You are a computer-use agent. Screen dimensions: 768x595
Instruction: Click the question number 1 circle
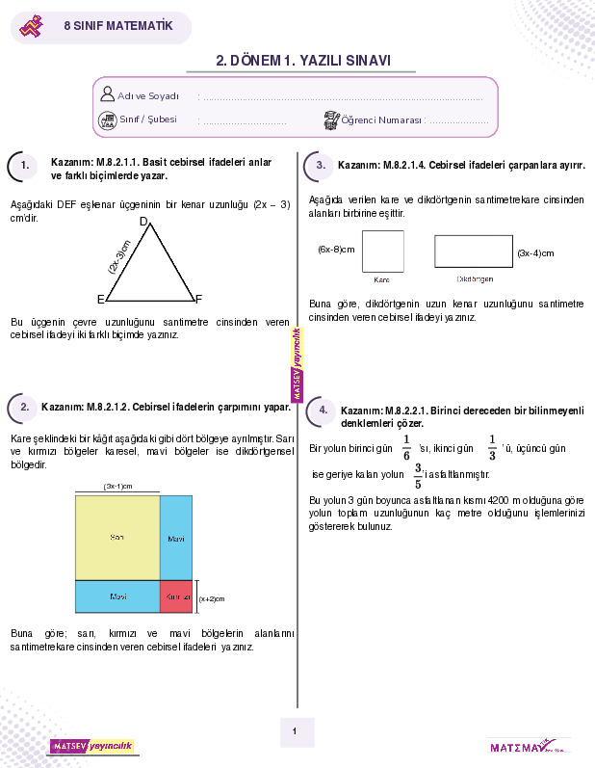25,166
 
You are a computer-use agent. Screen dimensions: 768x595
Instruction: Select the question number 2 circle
25,408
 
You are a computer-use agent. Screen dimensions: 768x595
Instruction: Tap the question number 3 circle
322,166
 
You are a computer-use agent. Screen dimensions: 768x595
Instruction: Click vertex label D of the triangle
143,223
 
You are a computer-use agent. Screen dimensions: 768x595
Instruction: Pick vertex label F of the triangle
198,299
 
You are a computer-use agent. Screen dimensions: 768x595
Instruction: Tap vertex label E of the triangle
100,299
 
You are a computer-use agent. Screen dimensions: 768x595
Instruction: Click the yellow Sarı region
117,537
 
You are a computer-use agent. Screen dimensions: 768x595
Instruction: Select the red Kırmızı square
176,596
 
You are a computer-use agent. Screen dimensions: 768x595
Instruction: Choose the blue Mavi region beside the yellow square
176,537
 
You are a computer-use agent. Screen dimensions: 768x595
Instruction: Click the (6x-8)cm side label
336,250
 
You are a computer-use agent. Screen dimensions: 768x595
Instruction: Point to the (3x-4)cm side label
535,253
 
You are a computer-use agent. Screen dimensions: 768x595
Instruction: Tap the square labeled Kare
382,250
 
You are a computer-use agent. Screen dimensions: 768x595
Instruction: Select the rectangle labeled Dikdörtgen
473,251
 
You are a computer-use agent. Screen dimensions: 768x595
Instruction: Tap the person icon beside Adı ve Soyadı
107,94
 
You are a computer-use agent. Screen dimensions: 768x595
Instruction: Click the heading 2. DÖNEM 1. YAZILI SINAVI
303,60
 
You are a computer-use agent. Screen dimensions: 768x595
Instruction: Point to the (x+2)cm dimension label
211,598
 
